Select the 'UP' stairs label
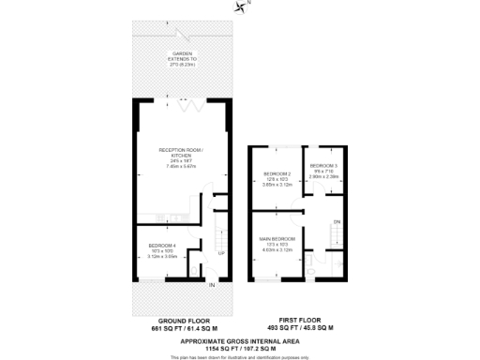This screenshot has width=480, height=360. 220,253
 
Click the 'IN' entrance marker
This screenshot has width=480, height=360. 212,285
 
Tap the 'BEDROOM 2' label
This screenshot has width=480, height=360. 278,173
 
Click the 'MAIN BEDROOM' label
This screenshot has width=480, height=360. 277,239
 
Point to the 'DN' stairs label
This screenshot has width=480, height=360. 337,221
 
